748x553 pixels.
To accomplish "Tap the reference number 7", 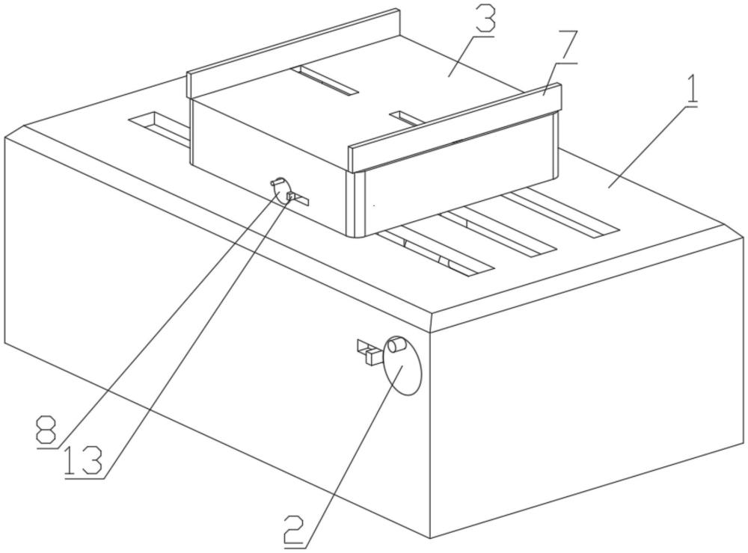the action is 568,46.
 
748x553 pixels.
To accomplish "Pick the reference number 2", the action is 294,529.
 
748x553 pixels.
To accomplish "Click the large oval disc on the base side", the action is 402,365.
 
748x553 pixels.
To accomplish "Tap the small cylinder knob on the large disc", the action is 396,345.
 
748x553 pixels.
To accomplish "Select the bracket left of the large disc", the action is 370,351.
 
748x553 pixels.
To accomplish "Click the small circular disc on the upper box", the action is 280,191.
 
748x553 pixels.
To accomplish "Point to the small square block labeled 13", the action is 289,196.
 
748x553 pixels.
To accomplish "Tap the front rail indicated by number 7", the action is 455,127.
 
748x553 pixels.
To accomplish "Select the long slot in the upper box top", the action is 325,80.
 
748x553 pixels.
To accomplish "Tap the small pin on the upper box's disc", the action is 276,182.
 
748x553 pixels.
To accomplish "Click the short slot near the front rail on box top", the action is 407,118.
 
